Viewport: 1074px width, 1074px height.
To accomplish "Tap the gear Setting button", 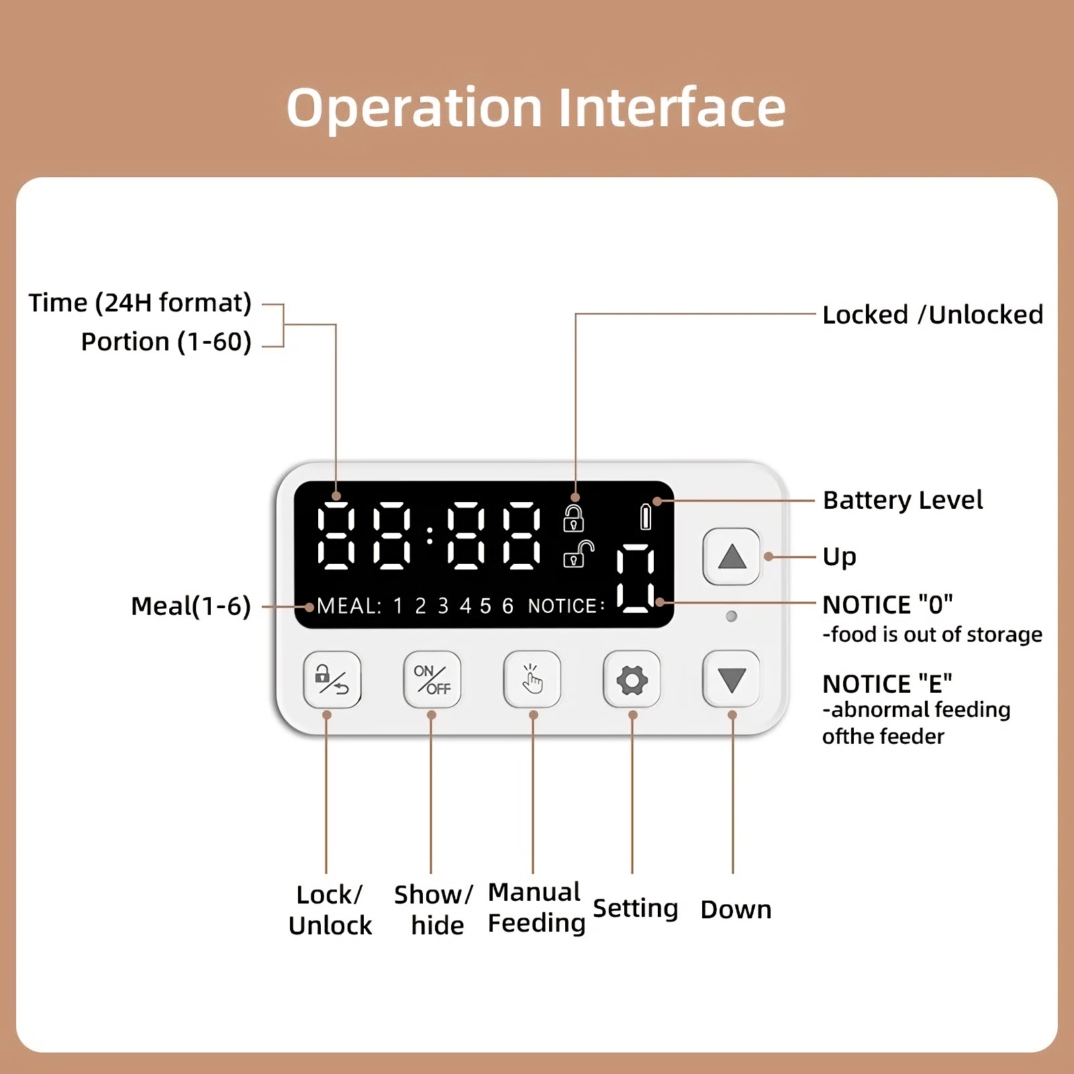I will coord(632,680).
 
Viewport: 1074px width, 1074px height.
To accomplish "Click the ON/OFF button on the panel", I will coord(432,680).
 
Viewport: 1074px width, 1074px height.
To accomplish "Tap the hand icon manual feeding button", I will coord(532,680).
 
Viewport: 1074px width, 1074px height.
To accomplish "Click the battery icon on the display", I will coord(646,517).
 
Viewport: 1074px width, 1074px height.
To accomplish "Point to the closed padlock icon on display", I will coord(573,519).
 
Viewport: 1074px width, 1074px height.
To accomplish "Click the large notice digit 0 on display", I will coord(635,579).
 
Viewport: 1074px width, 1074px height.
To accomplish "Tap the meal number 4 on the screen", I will coord(465,606).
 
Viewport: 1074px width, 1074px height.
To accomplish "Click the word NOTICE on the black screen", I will coord(563,606).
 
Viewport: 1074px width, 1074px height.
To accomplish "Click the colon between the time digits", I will coord(430,536).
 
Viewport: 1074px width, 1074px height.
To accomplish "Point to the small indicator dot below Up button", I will coord(732,616).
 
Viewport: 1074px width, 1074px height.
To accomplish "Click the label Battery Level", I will coord(902,500).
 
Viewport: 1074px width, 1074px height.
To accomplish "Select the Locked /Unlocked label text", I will coord(932,315).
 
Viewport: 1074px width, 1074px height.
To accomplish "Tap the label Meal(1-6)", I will coord(191,606).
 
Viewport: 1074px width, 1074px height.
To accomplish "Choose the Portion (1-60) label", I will coord(166,342).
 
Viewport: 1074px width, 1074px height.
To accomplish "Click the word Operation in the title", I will coord(414,108).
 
